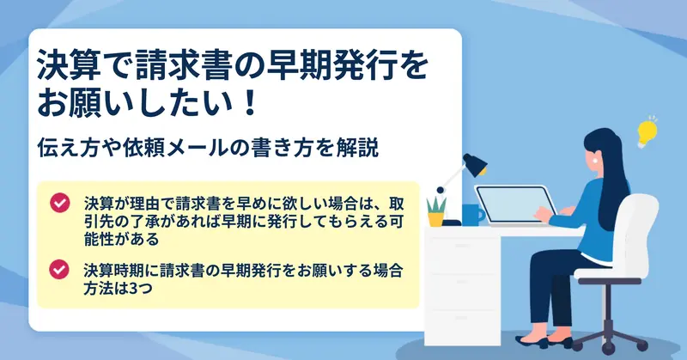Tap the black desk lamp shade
click(476, 164)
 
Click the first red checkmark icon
click(59, 203)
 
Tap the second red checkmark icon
click(59, 269)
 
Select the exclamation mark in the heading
click(251, 102)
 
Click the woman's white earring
click(596, 161)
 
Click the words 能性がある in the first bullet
click(121, 239)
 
